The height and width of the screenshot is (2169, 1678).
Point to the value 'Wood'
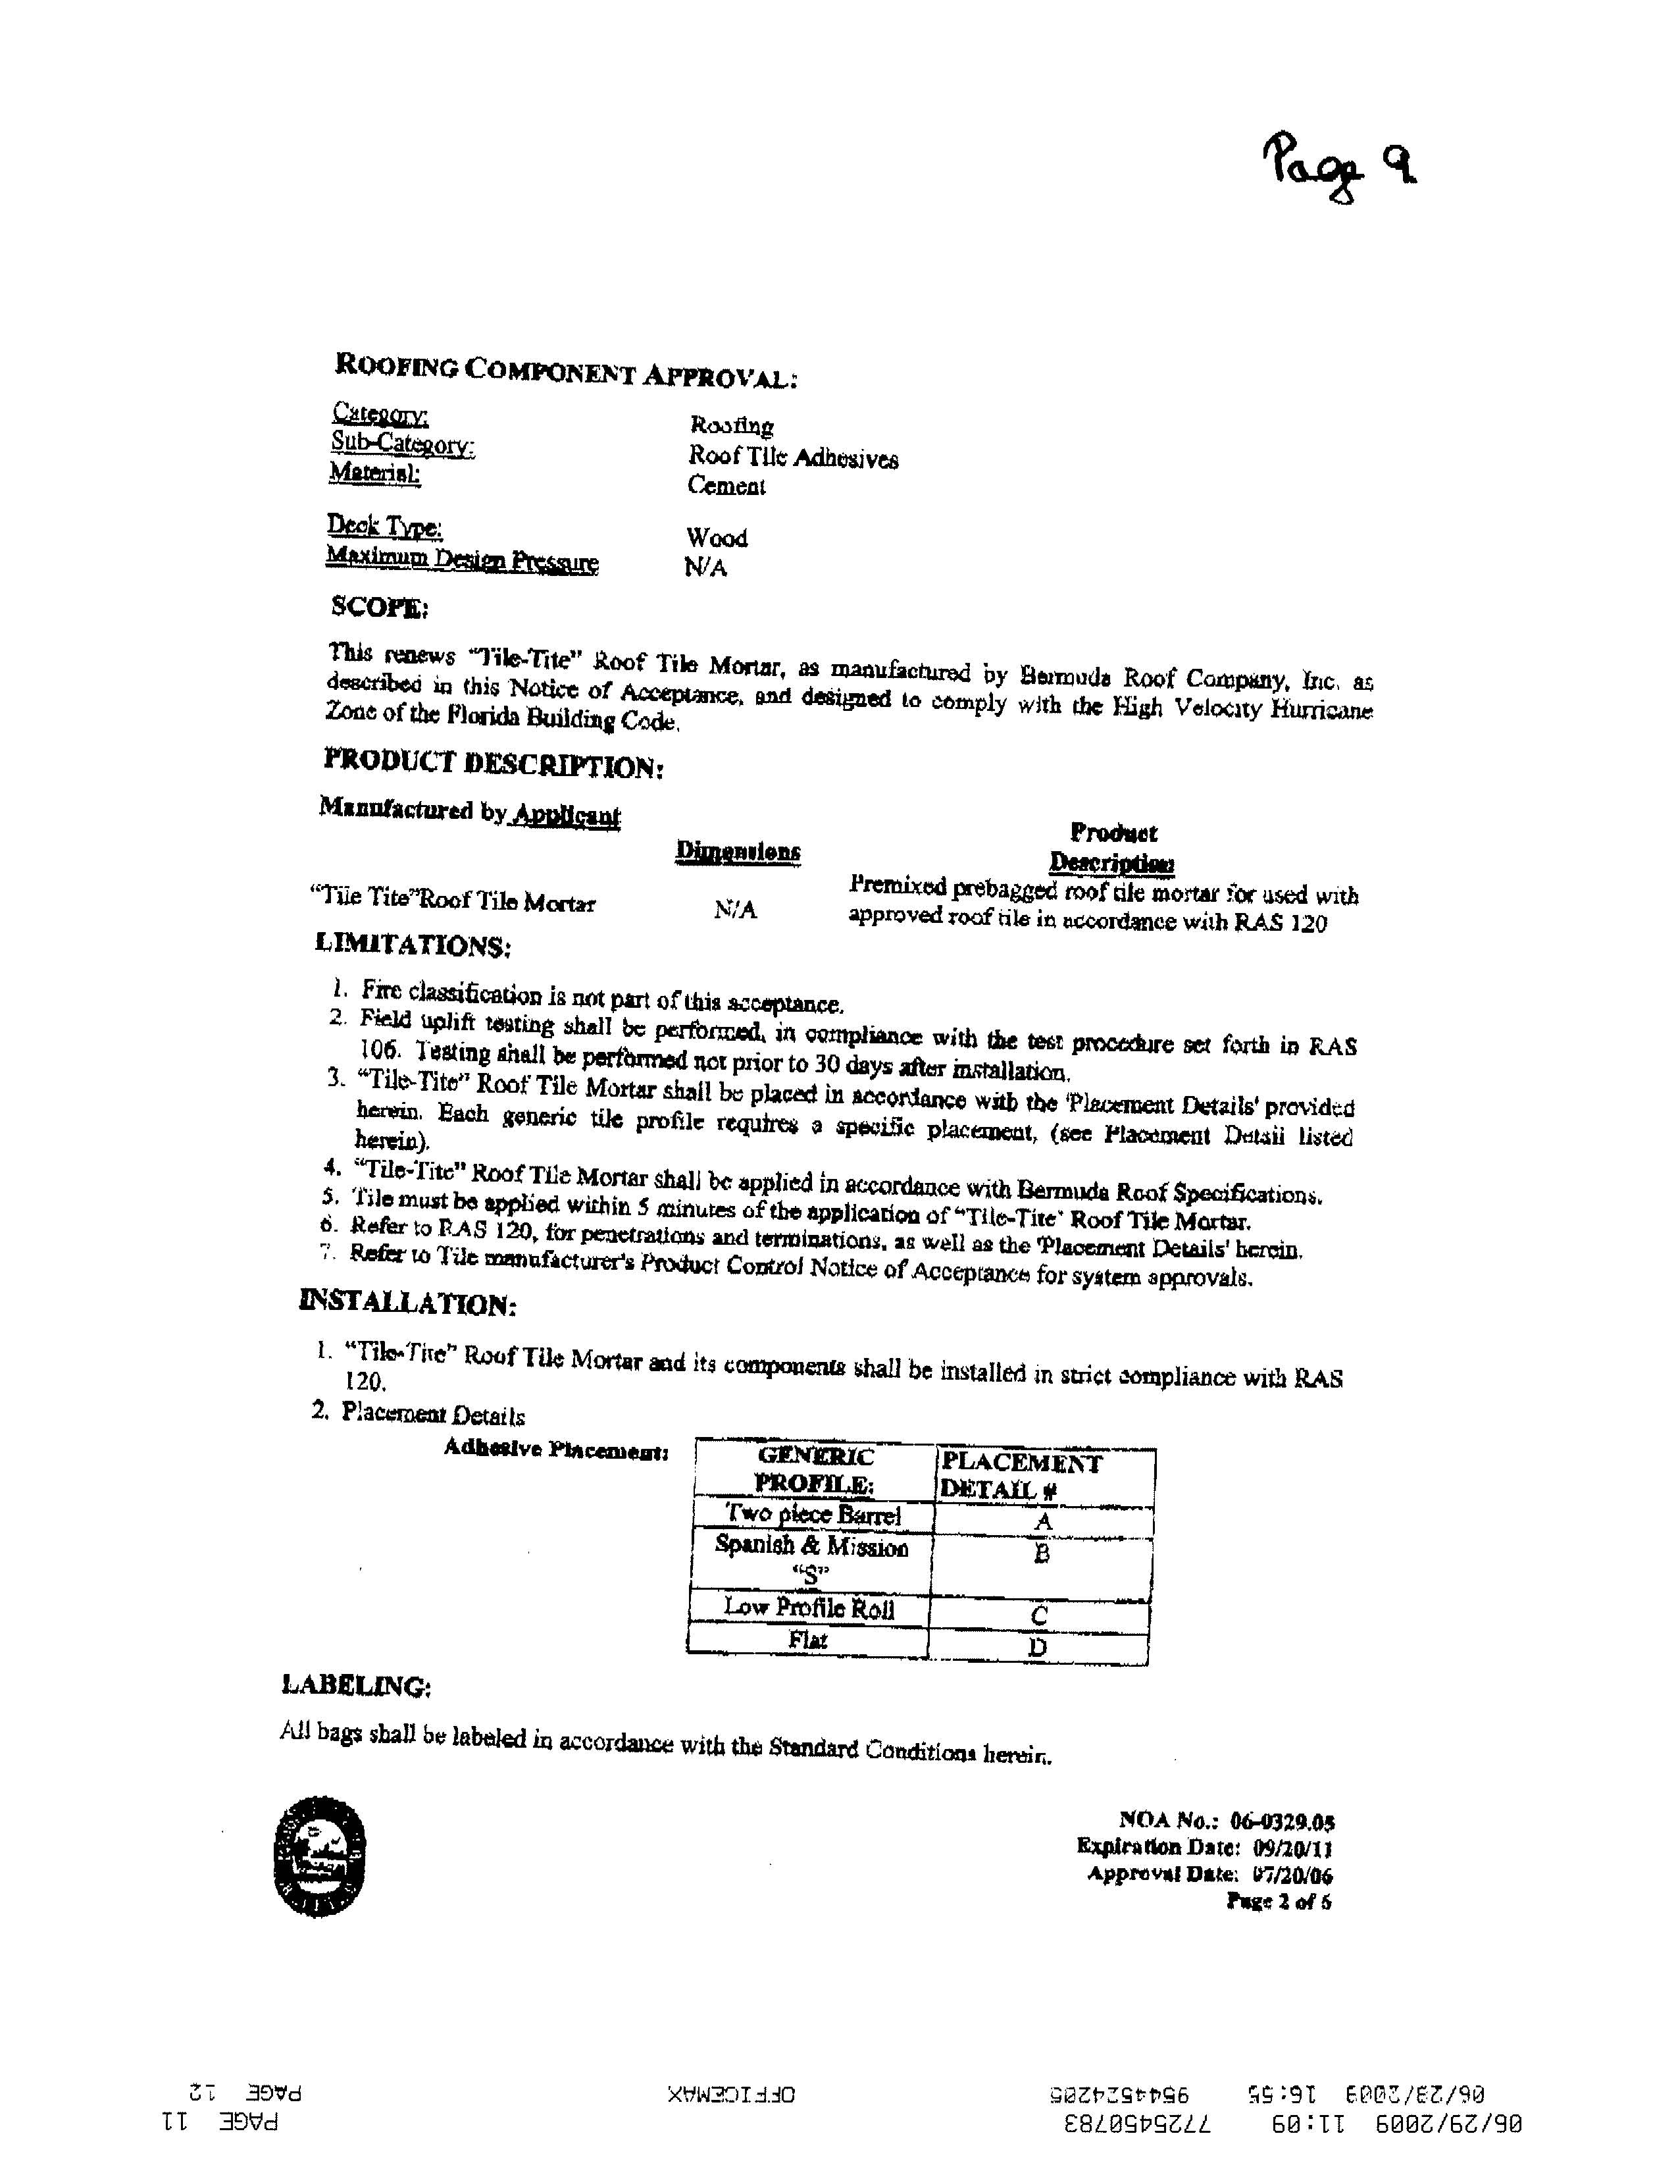click(716, 537)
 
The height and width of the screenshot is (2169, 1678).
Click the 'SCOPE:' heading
click(378, 606)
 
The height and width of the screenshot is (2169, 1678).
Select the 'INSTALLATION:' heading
click(407, 1302)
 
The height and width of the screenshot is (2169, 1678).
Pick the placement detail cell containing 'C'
click(1040, 1615)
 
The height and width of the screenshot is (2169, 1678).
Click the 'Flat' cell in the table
click(808, 1640)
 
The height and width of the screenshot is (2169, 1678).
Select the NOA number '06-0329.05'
click(1282, 1821)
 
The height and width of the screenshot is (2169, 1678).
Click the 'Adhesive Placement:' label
click(555, 1449)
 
